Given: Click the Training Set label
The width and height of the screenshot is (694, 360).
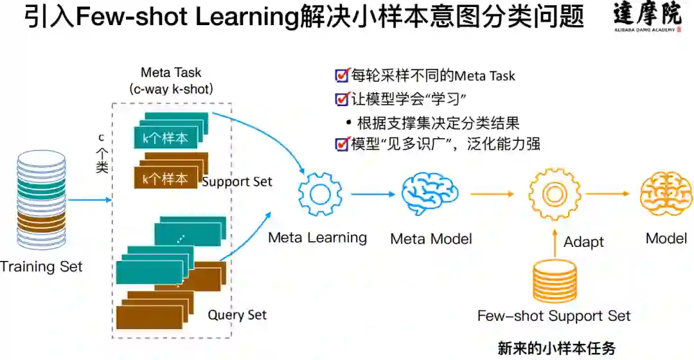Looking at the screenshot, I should (x=41, y=266).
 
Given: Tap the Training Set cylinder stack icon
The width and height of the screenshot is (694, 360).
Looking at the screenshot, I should (x=41, y=199).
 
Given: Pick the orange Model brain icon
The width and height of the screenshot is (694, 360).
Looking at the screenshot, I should (x=666, y=194).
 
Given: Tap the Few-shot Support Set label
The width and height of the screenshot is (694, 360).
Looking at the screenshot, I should (x=554, y=316).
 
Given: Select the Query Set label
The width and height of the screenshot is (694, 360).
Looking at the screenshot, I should (x=237, y=314).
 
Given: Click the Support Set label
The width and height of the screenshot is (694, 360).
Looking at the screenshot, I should (x=237, y=181).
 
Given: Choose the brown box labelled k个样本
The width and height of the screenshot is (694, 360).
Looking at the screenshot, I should (x=165, y=178).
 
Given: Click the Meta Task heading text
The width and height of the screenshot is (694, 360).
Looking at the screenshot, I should (x=171, y=73).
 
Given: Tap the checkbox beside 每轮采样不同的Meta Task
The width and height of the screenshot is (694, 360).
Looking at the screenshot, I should (x=343, y=75).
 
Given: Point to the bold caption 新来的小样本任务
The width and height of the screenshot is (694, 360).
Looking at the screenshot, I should (x=556, y=348).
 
